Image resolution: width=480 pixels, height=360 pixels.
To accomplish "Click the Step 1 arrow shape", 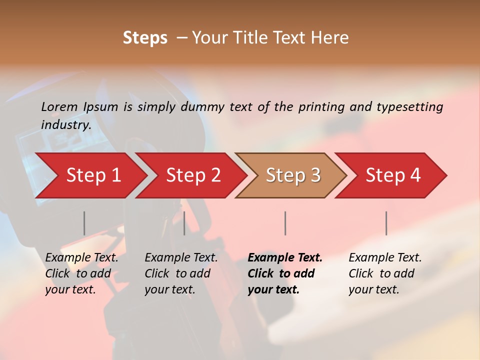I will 93,175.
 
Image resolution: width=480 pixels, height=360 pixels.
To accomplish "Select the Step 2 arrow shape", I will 193,175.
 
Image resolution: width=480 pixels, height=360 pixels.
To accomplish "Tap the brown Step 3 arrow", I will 293,175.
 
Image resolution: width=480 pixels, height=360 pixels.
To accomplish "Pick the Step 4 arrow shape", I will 393,175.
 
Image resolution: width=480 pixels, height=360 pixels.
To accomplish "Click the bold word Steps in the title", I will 145,38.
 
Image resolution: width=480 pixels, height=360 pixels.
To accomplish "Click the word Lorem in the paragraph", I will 59,106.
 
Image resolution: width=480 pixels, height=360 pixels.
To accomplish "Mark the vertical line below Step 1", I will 84,223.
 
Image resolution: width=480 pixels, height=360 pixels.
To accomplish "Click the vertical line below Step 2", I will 184,223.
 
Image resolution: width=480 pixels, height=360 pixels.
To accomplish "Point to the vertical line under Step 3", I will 285,223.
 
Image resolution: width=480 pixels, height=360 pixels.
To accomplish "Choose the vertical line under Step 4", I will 386,223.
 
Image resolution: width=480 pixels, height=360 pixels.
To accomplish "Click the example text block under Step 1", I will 81,273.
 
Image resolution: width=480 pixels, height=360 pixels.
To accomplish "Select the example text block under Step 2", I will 181,273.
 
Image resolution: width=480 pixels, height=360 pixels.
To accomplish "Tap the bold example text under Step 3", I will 285,273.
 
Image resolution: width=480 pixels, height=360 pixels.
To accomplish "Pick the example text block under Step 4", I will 385,273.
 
